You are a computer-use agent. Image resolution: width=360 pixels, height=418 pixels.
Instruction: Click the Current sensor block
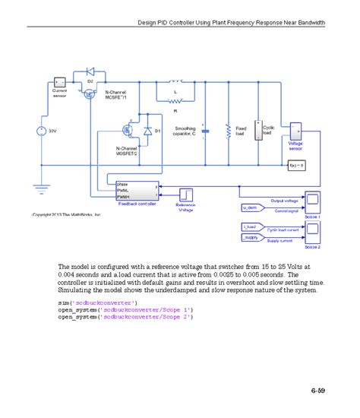[59, 81]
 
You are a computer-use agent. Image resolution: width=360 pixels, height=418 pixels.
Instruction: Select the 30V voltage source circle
[40, 131]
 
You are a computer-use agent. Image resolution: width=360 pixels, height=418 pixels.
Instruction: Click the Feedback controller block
[137, 191]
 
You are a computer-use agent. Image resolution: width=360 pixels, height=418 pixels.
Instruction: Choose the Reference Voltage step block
[185, 193]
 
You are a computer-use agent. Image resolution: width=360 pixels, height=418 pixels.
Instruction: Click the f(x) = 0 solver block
[296, 164]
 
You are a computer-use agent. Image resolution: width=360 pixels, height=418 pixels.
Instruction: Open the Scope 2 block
[312, 233]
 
